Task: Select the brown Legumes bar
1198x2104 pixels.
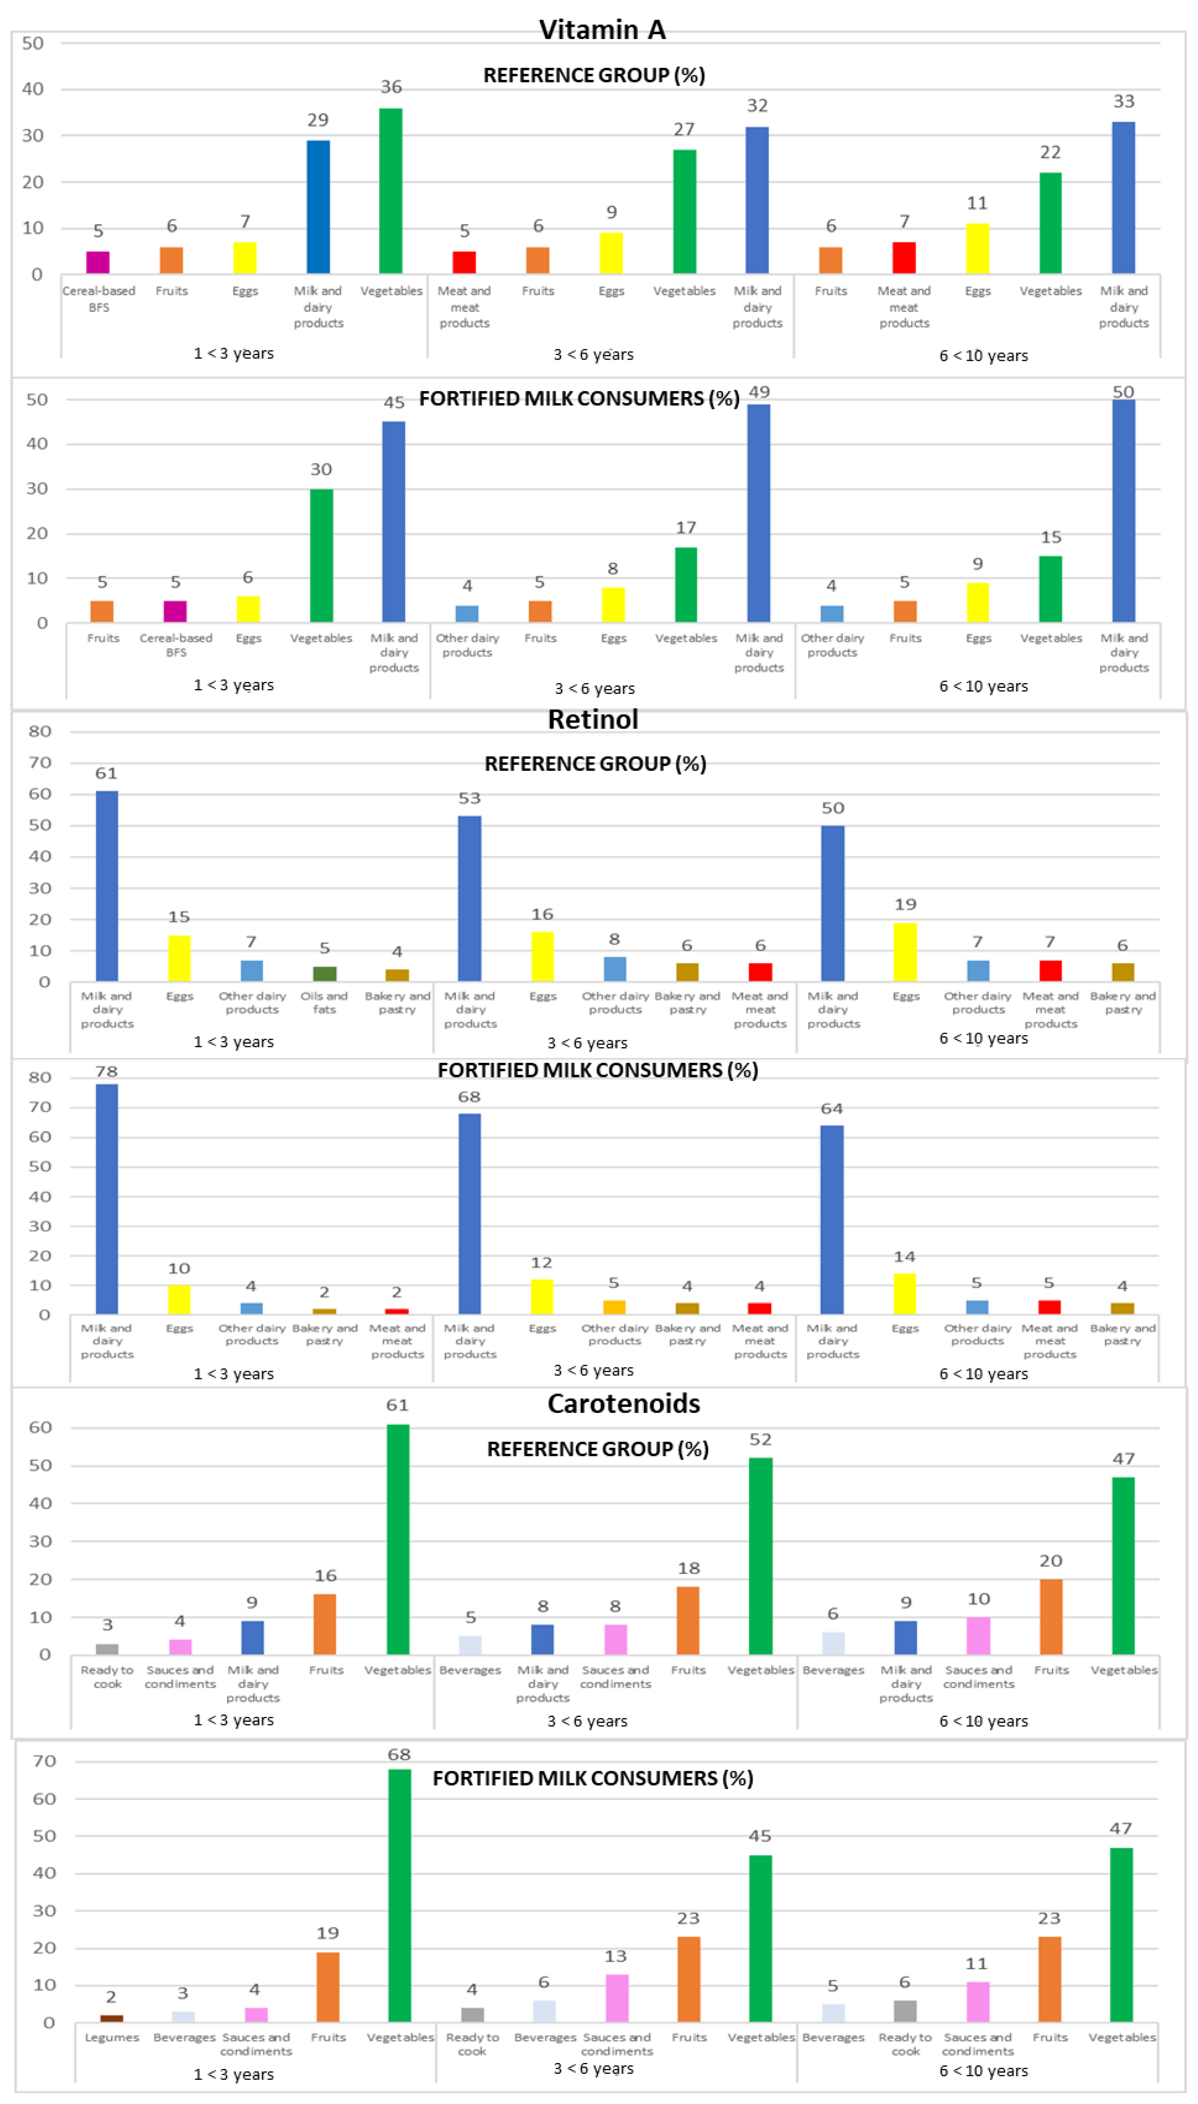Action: pyautogui.click(x=112, y=2018)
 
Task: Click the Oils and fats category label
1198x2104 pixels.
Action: pyautogui.click(x=324, y=1002)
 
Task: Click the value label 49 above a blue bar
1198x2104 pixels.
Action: pyautogui.click(x=758, y=392)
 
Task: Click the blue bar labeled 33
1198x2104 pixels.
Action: pyautogui.click(x=1123, y=198)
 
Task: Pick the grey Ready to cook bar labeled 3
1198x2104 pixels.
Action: pyautogui.click(x=107, y=1649)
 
